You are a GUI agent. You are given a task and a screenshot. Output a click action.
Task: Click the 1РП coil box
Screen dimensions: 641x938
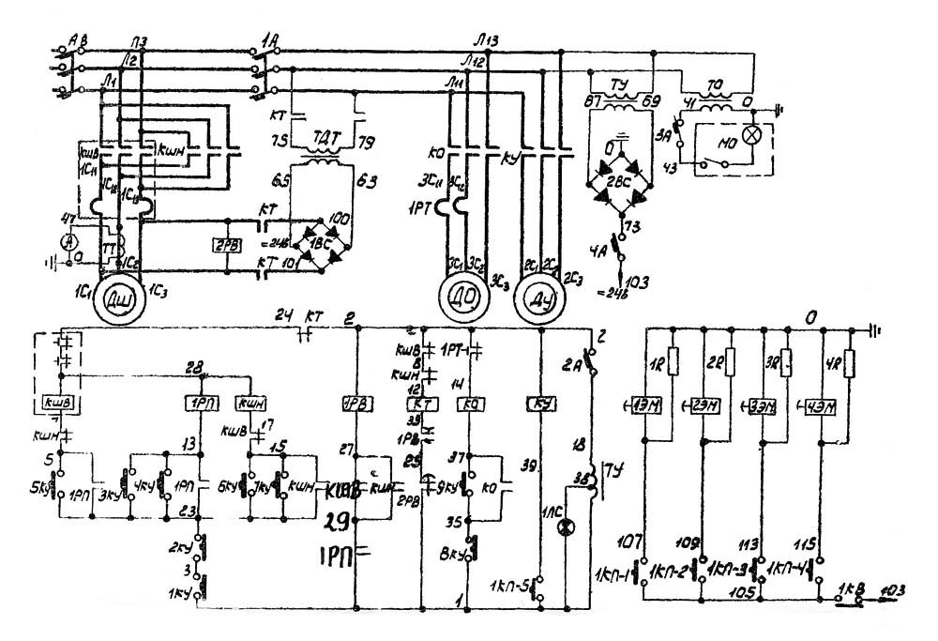point(198,403)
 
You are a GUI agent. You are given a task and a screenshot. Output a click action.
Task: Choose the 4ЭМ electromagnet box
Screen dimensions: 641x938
point(822,405)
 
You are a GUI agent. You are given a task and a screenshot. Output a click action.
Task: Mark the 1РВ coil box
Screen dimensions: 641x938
point(356,404)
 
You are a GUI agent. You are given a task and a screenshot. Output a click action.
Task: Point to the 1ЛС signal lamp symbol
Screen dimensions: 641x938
point(565,528)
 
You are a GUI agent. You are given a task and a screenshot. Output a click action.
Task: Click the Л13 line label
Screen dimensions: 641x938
point(489,38)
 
